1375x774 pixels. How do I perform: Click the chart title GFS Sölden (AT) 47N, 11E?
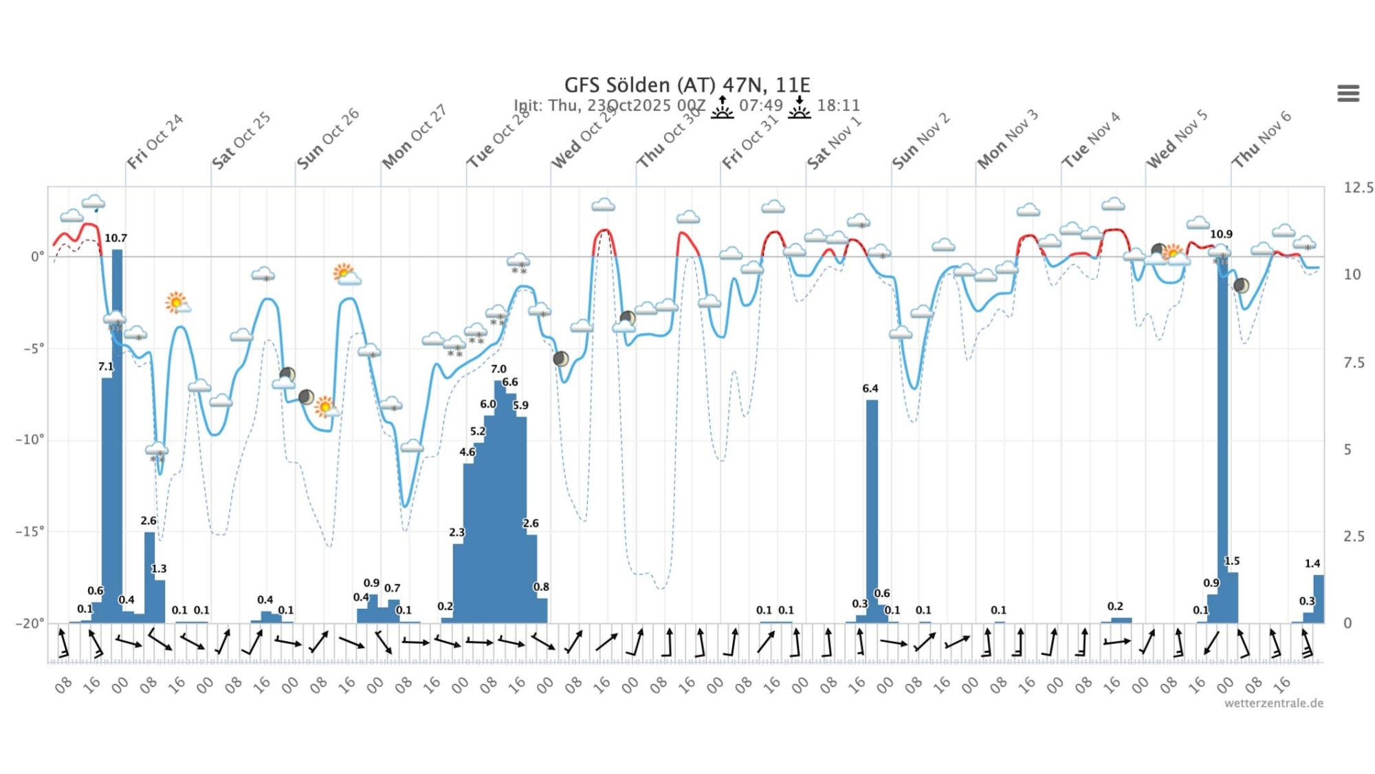[x=687, y=85]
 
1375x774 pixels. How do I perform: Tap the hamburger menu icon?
[x=1347, y=93]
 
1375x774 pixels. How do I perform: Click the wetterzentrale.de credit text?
[x=1273, y=703]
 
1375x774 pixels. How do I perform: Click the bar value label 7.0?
[x=498, y=369]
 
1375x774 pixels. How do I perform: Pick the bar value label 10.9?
[x=1221, y=235]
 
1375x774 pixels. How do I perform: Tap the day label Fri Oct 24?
[x=155, y=141]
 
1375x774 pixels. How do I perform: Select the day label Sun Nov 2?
[x=921, y=141]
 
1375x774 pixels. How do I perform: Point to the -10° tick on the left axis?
[x=30, y=440]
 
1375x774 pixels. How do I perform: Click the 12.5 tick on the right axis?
[x=1358, y=188]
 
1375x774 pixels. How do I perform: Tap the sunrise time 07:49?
[x=761, y=105]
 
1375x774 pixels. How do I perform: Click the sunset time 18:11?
[x=838, y=105]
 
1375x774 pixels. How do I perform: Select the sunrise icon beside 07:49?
[x=722, y=107]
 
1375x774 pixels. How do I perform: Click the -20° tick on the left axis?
[x=30, y=623]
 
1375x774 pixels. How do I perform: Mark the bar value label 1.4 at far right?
[x=1312, y=563]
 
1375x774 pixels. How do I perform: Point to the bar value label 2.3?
[x=456, y=533]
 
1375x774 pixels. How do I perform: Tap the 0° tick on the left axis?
[x=36, y=257]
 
